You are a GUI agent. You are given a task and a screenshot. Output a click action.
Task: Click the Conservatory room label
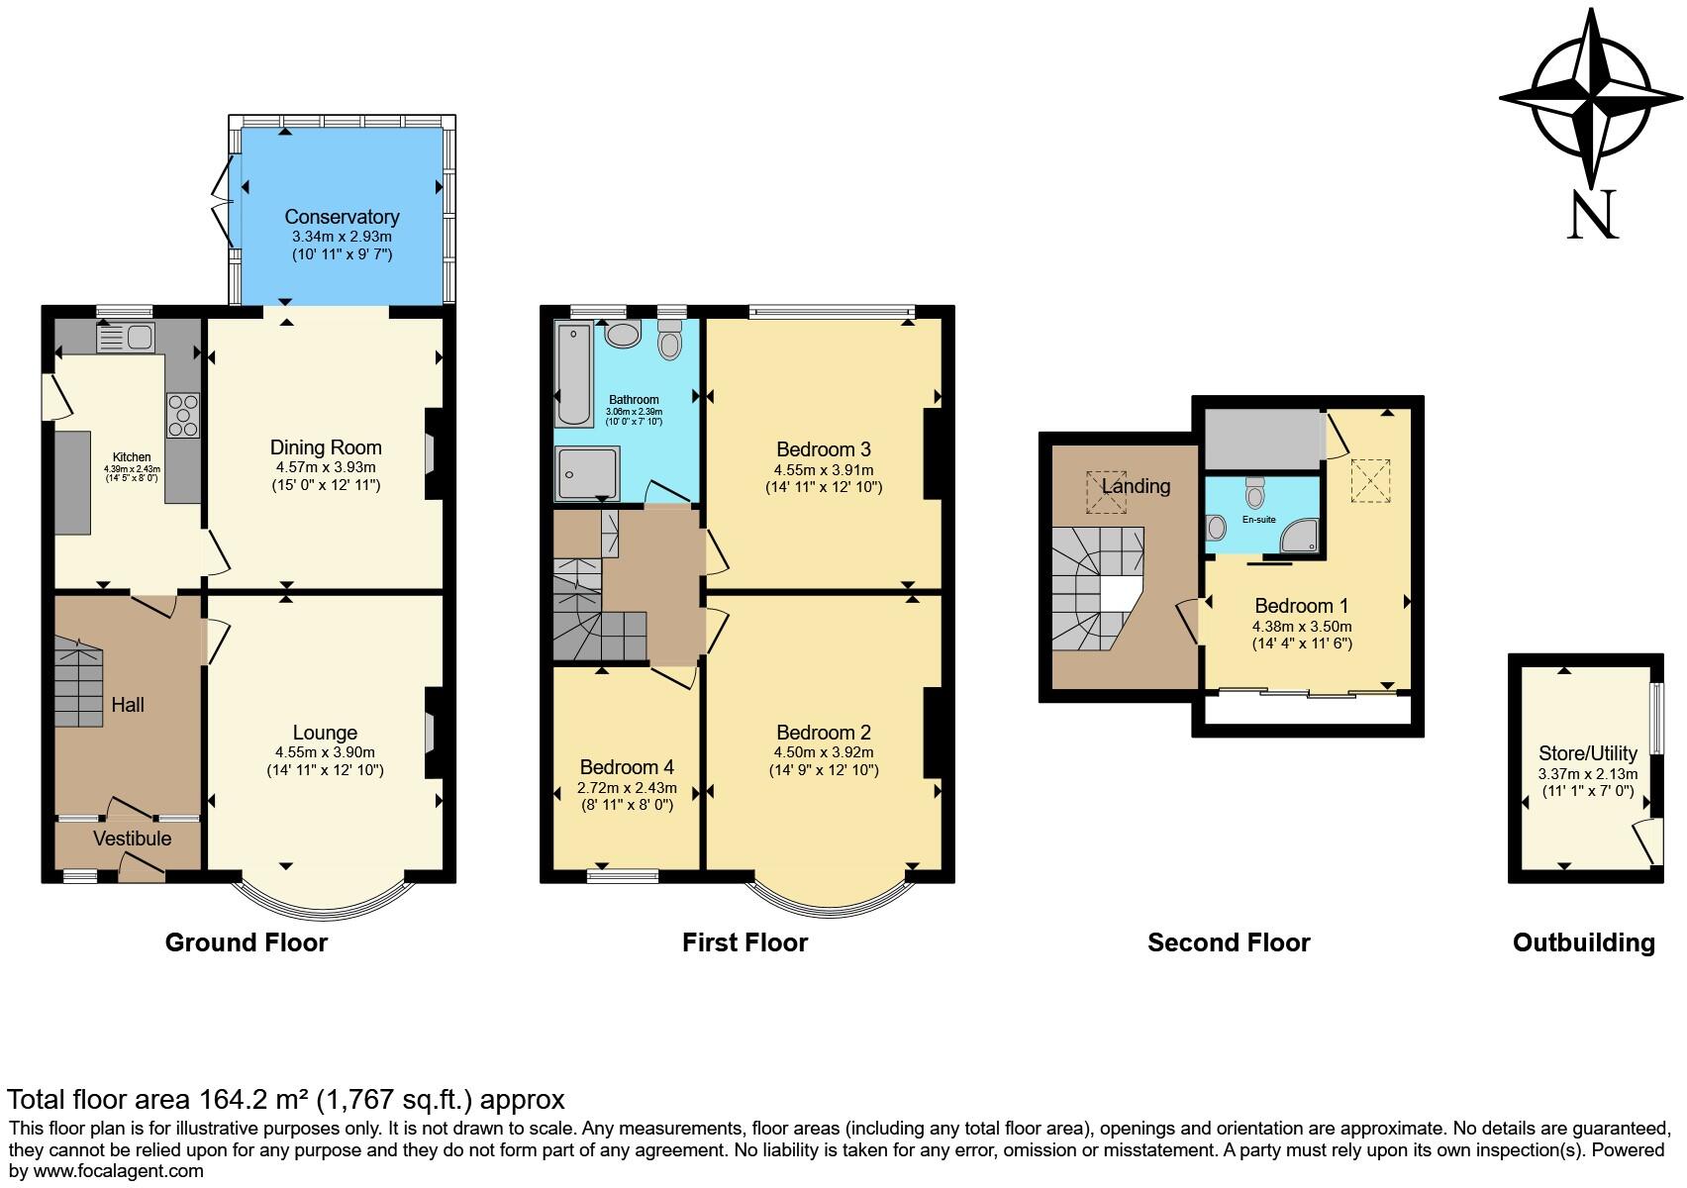[342, 217]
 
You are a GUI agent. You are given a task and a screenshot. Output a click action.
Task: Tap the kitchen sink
[124, 338]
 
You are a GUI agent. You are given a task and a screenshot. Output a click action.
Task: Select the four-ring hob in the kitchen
[183, 416]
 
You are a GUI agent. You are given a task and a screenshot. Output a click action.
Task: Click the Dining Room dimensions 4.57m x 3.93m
[326, 467]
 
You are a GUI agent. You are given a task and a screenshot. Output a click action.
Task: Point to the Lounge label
[325, 733]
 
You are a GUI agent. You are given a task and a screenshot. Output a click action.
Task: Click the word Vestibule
[132, 839]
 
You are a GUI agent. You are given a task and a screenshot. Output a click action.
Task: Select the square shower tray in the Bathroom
[586, 472]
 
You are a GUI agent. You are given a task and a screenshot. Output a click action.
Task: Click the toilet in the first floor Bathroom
[670, 341]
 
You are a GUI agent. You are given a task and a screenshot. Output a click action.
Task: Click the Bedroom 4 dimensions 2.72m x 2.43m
[627, 788]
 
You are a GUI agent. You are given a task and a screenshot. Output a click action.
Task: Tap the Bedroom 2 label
[823, 733]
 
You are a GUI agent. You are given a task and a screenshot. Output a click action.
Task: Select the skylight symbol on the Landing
[1106, 492]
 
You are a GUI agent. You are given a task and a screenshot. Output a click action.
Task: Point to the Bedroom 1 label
[1301, 606]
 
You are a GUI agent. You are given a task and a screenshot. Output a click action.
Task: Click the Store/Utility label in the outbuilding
[1587, 753]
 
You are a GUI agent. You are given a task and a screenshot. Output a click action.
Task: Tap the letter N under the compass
[1592, 214]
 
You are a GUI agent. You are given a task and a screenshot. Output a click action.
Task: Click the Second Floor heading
[1228, 942]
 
